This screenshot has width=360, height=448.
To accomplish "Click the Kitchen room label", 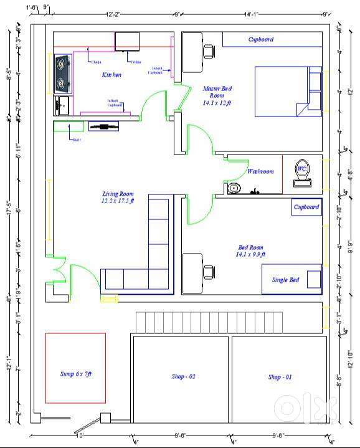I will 111,75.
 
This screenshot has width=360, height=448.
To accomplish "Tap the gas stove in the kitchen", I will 63,73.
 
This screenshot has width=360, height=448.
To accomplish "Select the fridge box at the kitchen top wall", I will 129,41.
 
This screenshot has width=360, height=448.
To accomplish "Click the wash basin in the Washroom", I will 234,188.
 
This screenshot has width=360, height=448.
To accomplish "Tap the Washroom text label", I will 260,171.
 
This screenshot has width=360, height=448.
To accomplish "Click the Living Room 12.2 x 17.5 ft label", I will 118,198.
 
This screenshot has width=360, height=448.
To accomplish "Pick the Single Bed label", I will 285,280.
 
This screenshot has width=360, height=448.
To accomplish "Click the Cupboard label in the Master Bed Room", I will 260,39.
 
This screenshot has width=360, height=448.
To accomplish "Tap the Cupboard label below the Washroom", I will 306,207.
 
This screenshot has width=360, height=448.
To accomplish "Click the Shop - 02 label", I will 184,376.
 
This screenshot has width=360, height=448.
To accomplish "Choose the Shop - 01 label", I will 280,376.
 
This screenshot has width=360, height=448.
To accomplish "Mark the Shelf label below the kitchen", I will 76,140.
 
